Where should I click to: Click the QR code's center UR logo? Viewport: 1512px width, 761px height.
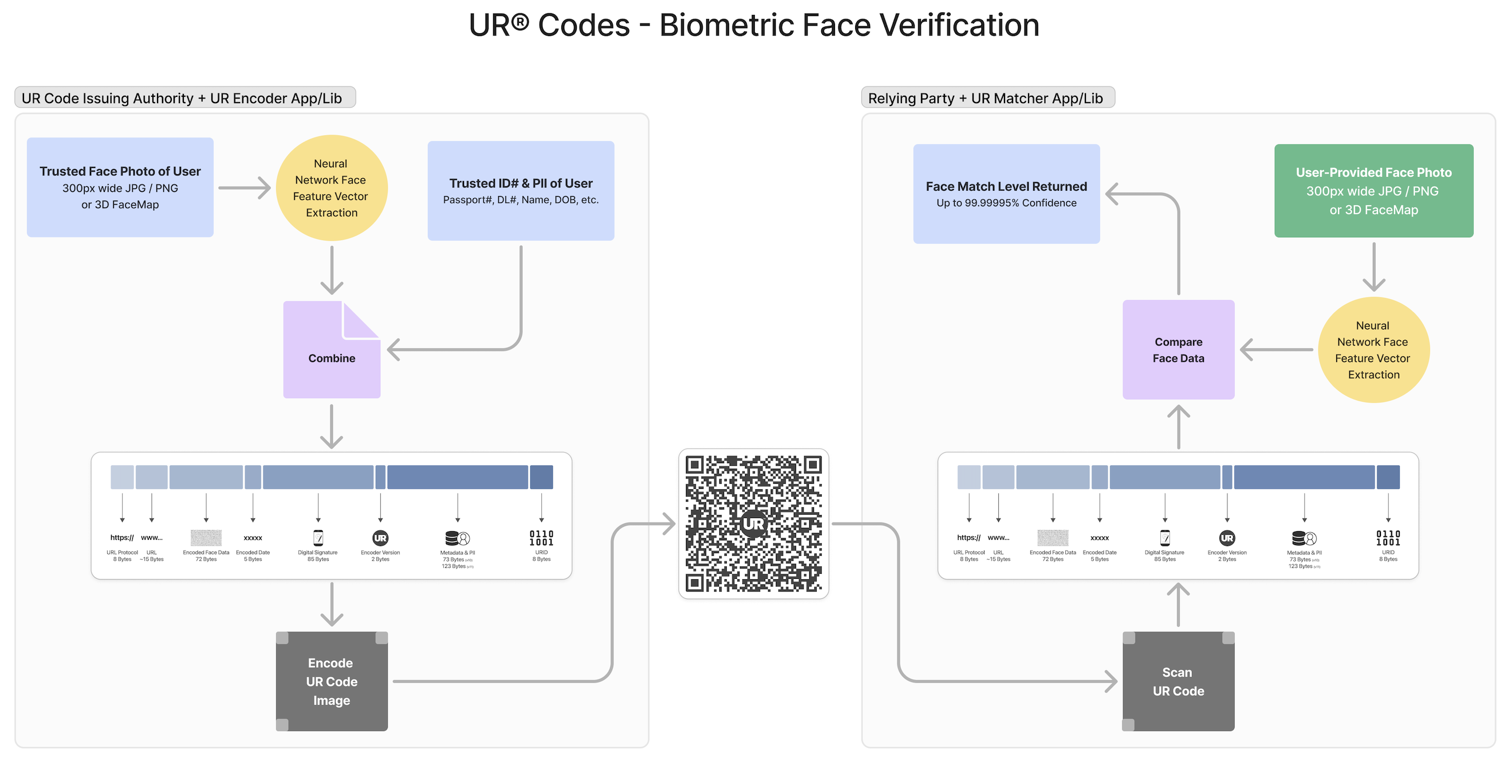pos(753,523)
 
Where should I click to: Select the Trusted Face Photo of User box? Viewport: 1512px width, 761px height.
pos(120,187)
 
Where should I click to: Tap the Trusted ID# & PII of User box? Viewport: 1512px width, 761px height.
pos(521,191)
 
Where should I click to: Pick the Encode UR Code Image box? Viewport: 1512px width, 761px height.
pos(332,681)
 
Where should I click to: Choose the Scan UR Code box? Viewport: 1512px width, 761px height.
pos(1178,681)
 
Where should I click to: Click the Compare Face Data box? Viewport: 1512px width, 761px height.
pos(1178,350)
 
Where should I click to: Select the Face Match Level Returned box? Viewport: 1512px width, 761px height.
pos(1006,194)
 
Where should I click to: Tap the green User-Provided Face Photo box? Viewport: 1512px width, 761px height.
pos(1373,191)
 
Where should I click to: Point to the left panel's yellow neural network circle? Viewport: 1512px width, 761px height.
pos(332,188)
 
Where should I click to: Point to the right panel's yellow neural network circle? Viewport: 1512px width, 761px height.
pos(1373,350)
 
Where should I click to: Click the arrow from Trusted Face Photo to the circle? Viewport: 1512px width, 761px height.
pos(244,188)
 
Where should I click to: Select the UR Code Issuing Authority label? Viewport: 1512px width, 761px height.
pos(182,98)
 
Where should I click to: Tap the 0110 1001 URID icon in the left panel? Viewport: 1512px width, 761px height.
pos(541,538)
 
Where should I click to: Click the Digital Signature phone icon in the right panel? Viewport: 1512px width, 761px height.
pos(1164,538)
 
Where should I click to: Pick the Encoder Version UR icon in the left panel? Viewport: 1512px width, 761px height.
pos(380,538)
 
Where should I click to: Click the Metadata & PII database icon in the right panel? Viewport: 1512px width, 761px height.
pos(1304,538)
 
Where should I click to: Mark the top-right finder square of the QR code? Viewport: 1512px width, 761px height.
pos(812,465)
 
